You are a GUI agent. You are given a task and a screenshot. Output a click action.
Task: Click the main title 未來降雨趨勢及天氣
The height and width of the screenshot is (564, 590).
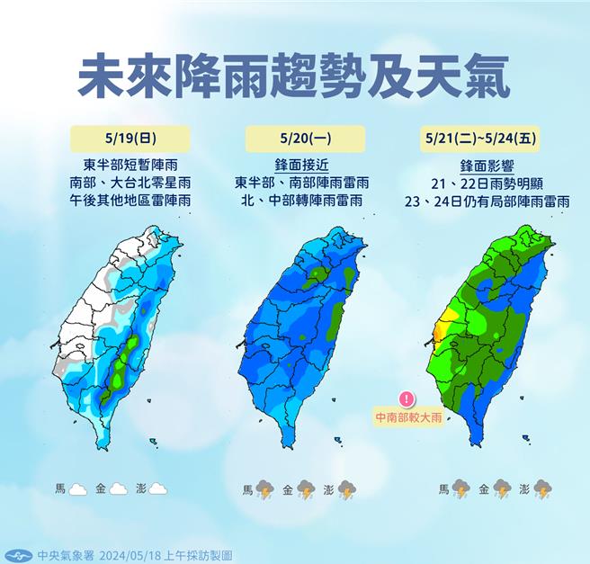point(293,76)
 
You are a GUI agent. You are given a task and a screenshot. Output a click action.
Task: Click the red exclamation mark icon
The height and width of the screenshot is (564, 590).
point(407,398)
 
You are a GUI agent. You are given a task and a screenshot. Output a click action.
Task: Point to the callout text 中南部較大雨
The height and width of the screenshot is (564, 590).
point(409,418)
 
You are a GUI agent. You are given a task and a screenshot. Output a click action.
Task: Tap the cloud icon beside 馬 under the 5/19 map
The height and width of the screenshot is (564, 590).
point(77,489)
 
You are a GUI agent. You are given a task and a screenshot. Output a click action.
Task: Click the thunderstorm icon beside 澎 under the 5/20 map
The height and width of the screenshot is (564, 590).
point(347,490)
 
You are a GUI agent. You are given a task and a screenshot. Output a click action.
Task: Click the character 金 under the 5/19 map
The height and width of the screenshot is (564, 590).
point(100,489)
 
